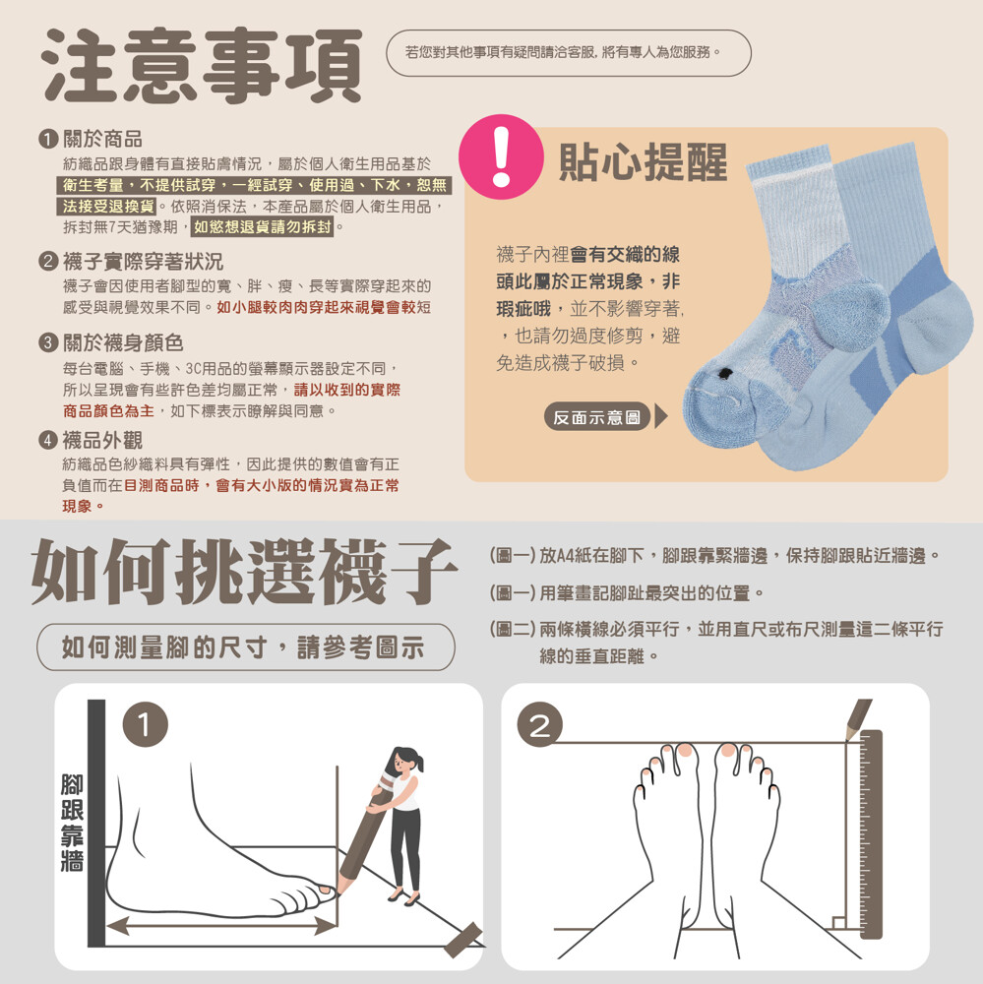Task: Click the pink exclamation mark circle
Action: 501,156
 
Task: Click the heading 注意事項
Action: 201,65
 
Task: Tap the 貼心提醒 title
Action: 643,162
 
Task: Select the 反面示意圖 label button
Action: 596,416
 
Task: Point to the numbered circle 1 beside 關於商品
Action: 47,139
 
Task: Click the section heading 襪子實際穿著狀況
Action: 143,261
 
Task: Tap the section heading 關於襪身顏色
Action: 123,342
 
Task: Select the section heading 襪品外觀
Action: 102,440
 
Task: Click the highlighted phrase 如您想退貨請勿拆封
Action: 263,227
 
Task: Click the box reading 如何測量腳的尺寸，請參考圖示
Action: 245,647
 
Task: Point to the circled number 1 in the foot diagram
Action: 145,724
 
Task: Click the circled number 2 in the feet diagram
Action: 540,724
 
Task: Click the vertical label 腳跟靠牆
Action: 72,822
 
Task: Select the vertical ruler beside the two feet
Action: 871,834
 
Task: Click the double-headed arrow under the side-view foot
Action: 221,925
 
